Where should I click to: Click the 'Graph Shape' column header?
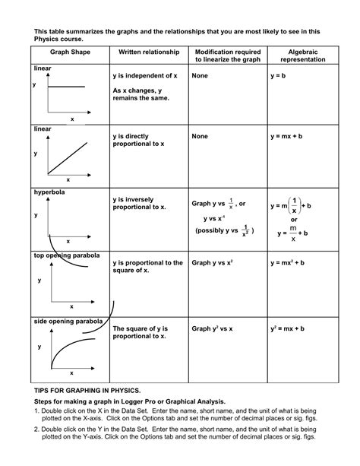[x=68, y=52]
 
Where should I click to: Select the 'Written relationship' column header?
[x=147, y=52]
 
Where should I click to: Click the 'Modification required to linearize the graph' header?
[x=223, y=55]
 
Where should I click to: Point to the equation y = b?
[x=279, y=76]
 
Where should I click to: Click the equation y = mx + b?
[x=287, y=136]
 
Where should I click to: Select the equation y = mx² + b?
[x=288, y=262]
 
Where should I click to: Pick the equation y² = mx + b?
[x=288, y=328]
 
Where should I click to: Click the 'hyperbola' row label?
[x=51, y=193]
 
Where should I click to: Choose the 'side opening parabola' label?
[x=68, y=322]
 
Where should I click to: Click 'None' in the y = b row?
[x=200, y=76]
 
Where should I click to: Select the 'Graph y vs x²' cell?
[x=212, y=262]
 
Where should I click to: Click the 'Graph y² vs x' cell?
[x=212, y=328]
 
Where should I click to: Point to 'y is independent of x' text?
[x=145, y=76]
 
